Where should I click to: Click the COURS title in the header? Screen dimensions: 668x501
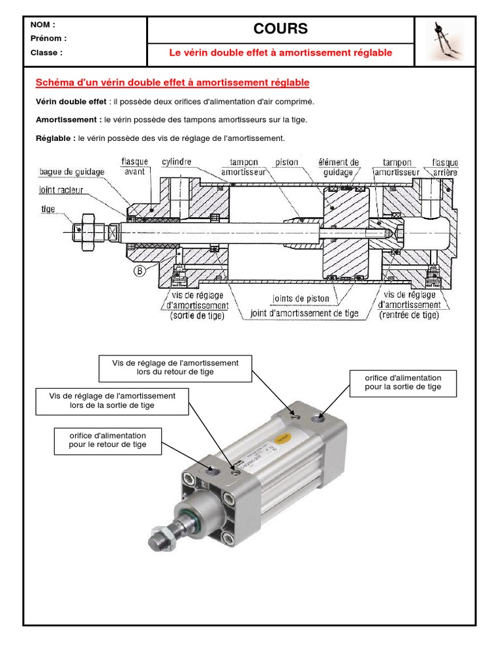coord(281,29)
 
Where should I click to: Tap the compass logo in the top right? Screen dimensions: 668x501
coord(446,40)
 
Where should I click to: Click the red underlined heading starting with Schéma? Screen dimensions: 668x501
coord(172,83)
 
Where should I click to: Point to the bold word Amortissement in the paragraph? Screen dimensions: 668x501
coord(68,120)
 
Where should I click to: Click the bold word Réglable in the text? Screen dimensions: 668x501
coord(55,138)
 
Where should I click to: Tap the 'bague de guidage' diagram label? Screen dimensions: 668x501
coord(71,172)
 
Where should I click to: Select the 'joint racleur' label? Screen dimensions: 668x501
coord(65,190)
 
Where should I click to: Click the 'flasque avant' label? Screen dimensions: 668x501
coord(134,167)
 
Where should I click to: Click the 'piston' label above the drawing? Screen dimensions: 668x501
coord(286,162)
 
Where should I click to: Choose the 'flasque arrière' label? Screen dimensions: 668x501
coord(446,167)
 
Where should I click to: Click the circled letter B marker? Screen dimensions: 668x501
coord(140,271)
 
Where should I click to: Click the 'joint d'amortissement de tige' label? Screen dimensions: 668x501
coord(305,313)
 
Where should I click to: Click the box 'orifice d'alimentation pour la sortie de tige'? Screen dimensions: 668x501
coord(403,382)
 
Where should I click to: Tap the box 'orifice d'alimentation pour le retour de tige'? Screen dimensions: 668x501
coord(108,440)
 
